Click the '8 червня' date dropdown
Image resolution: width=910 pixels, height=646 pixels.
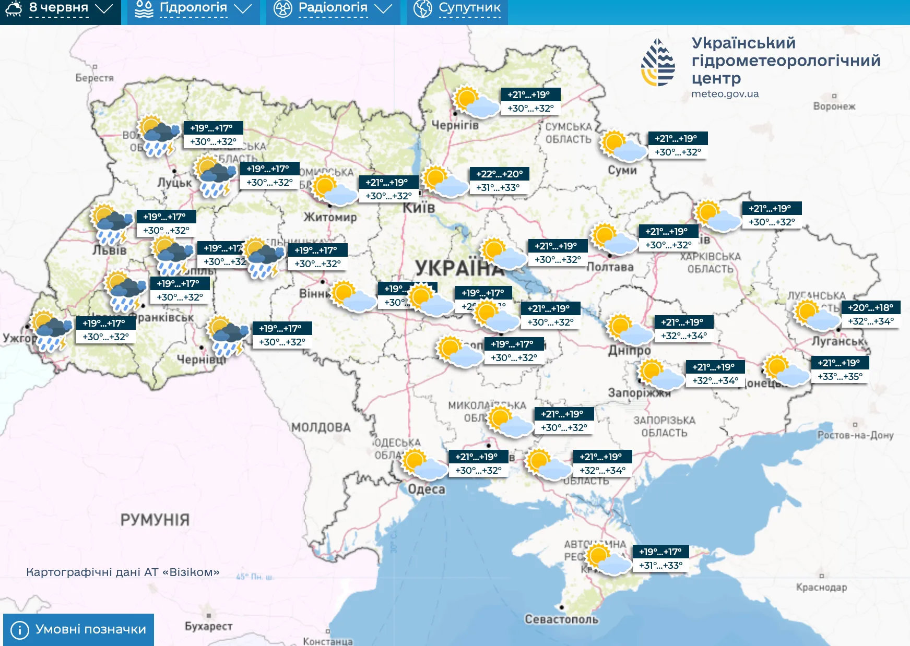[x=58, y=8]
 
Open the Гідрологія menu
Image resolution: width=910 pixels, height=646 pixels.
[x=193, y=8]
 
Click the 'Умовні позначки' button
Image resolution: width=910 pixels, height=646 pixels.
[x=79, y=629]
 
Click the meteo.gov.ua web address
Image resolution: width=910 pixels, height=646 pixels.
[x=725, y=94]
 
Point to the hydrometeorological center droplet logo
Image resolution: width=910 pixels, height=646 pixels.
[x=658, y=63]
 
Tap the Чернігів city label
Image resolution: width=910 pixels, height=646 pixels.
[x=455, y=125]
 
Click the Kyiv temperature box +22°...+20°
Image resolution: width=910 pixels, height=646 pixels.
[x=499, y=174]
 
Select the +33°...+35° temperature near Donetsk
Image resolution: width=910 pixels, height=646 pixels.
[x=840, y=376]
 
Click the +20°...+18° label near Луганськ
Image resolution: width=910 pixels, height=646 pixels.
[x=870, y=308]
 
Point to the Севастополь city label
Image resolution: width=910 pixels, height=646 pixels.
[x=561, y=619]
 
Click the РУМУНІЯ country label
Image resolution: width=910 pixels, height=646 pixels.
[x=155, y=520]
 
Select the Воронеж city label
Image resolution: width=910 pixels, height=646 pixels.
[x=834, y=106]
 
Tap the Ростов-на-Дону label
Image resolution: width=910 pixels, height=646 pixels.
[x=855, y=435]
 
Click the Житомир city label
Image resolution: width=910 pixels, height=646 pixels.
[x=330, y=217]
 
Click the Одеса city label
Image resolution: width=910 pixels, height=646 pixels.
[x=427, y=489]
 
